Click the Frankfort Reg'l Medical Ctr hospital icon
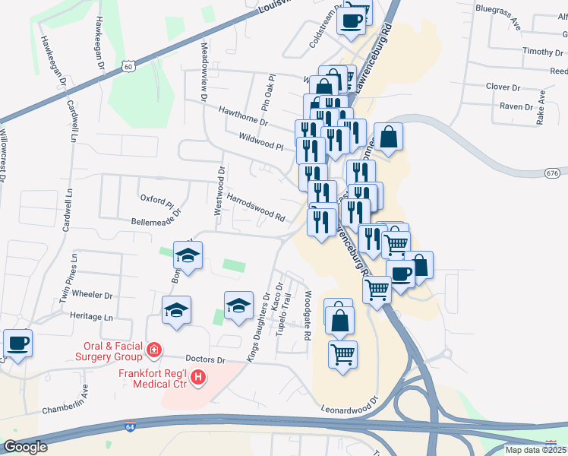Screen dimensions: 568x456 (198, 376)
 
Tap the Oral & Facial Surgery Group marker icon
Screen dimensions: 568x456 (154, 350)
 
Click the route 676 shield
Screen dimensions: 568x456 (552, 173)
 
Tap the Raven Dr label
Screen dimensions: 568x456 (516, 106)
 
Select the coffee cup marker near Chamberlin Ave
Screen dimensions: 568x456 (17, 344)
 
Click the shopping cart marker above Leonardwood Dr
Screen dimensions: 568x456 (343, 354)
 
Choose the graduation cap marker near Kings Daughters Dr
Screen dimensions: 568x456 (238, 306)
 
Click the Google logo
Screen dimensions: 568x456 (25, 447)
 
